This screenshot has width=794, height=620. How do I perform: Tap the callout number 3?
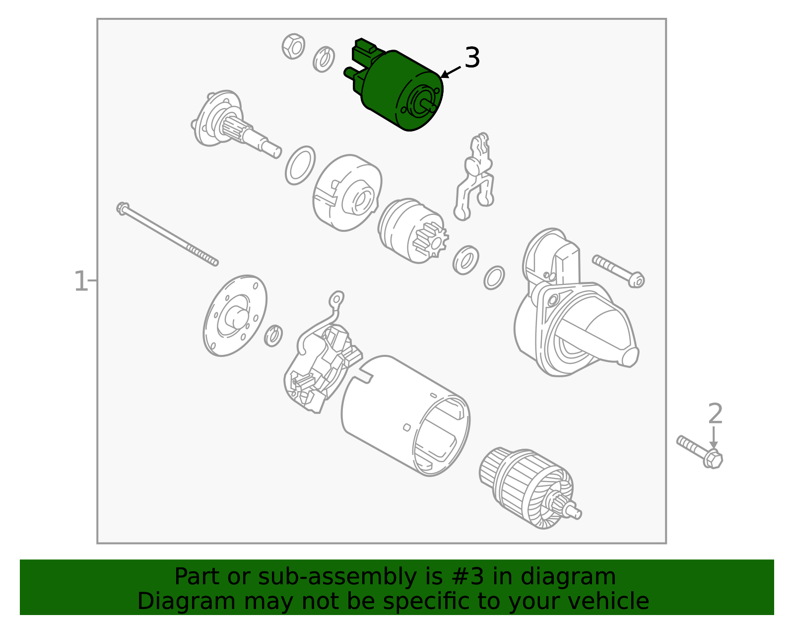(x=472, y=58)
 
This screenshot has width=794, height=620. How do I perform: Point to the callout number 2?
(x=715, y=413)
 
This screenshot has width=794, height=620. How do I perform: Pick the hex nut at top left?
(x=293, y=46)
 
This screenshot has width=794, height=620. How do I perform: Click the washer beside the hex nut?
(x=324, y=59)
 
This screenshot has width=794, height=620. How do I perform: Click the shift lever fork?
(x=474, y=179)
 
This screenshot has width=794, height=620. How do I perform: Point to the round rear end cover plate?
(x=235, y=316)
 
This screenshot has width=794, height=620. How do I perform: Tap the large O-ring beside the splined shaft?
(x=300, y=165)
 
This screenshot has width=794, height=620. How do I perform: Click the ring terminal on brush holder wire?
(x=337, y=299)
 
